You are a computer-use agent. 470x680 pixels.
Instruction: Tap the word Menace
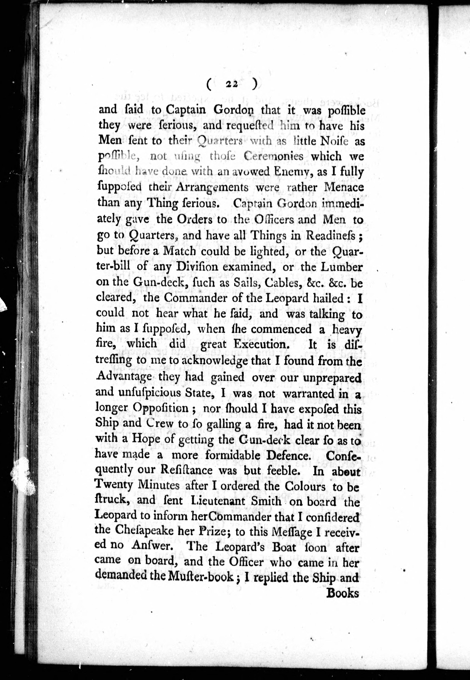click(344, 187)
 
